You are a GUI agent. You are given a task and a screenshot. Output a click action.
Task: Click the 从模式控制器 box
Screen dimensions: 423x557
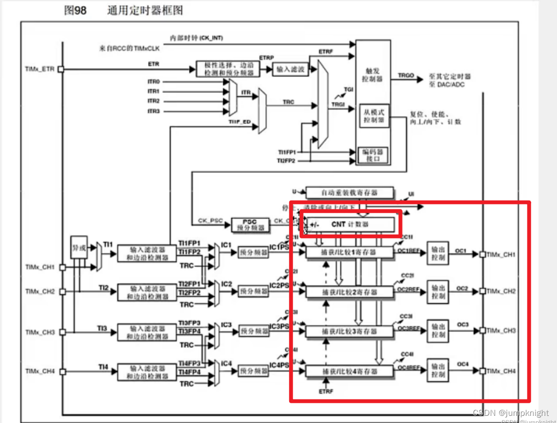pos(374,116)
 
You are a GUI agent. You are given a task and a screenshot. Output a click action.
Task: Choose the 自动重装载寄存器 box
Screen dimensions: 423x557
pos(350,192)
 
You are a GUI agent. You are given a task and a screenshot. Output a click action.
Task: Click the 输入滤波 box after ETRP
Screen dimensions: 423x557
pos(290,69)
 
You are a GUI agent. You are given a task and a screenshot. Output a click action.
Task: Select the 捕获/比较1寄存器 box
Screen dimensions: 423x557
pos(350,252)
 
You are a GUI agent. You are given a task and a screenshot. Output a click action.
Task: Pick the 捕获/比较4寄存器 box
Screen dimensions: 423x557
pos(350,371)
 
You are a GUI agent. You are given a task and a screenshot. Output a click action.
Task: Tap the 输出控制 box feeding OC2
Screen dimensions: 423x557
pos(438,292)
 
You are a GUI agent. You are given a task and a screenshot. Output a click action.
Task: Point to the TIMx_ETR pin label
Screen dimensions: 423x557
pos(40,69)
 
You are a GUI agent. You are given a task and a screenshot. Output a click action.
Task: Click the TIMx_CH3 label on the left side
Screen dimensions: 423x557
pos(40,332)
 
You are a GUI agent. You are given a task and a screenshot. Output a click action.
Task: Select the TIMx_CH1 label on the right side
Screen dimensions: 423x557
pos(501,254)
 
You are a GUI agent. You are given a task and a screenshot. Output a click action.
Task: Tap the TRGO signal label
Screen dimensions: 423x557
pos(406,75)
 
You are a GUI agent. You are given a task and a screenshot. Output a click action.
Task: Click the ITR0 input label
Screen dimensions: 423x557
pos(153,82)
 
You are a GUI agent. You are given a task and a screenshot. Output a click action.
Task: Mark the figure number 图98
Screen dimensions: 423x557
pos(75,10)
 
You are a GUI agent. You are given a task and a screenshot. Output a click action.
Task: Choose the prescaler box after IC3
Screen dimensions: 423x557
pos(253,332)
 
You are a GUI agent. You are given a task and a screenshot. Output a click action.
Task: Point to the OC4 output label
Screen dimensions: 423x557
pos(462,364)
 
